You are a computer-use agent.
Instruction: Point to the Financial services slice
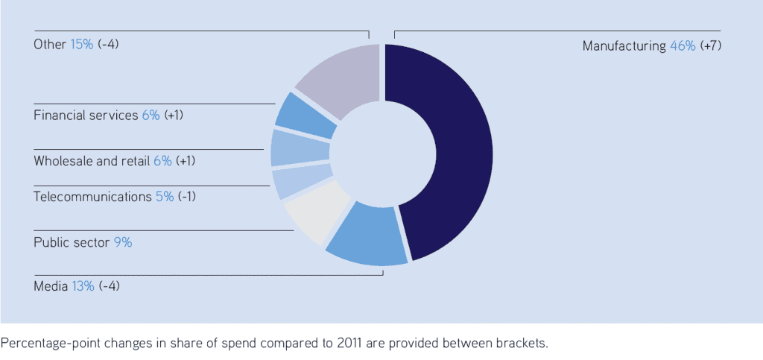[x=302, y=116]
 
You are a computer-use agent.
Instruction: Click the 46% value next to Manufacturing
[x=683, y=46]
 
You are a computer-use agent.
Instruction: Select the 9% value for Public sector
[x=122, y=242]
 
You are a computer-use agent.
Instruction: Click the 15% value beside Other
[x=82, y=44]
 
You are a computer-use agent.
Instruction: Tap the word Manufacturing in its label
[x=624, y=46]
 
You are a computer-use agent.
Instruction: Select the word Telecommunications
[x=93, y=197]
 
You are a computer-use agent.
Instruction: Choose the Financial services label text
[x=86, y=116]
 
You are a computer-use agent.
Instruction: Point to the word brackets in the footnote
[x=521, y=344]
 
